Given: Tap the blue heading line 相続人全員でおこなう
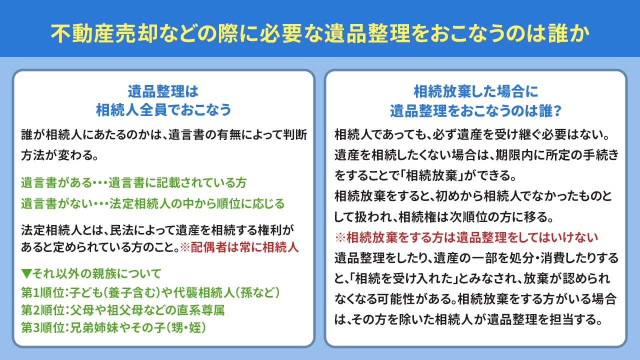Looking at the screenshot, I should coord(163,109).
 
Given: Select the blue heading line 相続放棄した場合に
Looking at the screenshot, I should coord(475,91).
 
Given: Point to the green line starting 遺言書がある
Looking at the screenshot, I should coord(134,183).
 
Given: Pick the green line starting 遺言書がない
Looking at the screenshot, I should coord(152,204).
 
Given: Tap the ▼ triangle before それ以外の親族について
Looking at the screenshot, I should coord(26,273).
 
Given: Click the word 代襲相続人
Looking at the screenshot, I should coord(210,292).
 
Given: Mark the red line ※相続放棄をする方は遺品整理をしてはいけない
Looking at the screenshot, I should coord(467,236).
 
